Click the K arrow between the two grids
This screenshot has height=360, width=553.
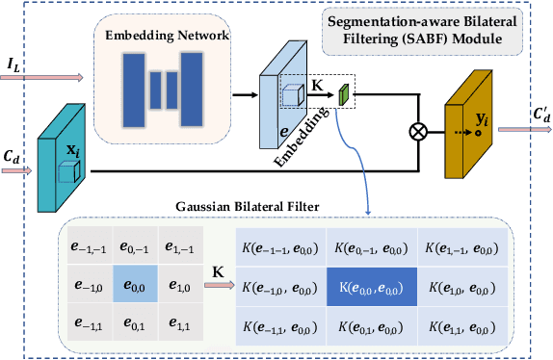pos(221,287)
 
